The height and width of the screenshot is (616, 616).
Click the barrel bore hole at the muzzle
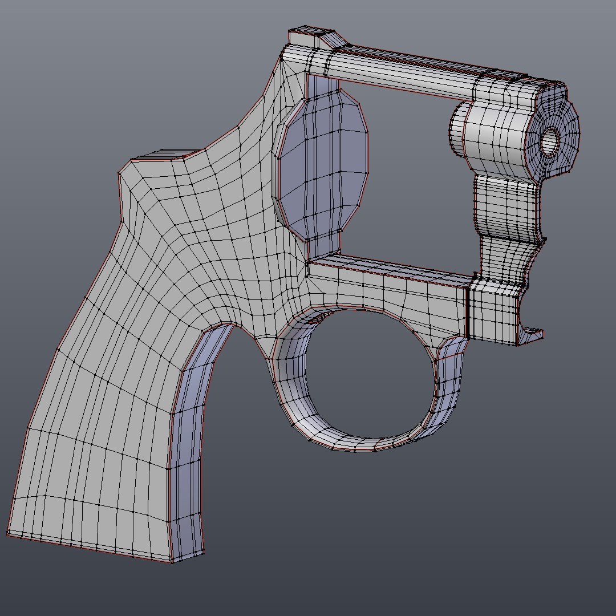pyautogui.click(x=550, y=141)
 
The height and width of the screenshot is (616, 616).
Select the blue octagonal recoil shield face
pyautogui.click(x=325, y=165)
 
